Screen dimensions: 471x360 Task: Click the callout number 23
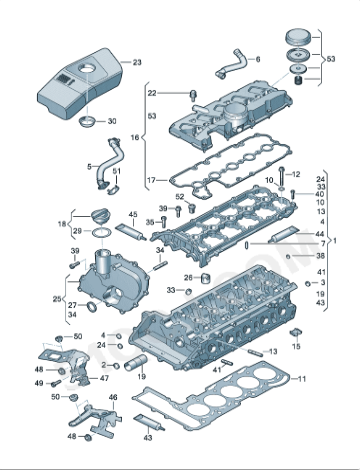click(x=137, y=62)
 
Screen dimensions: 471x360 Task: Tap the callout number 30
click(x=111, y=120)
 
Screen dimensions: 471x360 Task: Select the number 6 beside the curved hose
click(x=257, y=60)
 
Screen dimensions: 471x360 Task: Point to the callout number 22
click(x=152, y=92)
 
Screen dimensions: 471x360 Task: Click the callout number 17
click(x=152, y=181)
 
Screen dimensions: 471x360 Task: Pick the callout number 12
click(x=296, y=174)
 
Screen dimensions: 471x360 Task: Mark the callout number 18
click(x=62, y=223)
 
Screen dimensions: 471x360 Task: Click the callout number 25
click(x=56, y=299)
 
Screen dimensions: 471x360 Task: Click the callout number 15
click(x=296, y=345)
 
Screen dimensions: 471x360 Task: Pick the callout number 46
click(x=113, y=398)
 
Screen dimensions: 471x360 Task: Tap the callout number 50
click(x=79, y=337)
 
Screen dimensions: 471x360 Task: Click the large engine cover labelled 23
click(x=75, y=85)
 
